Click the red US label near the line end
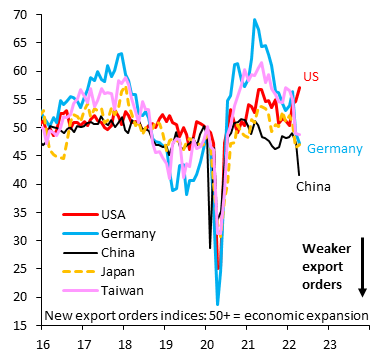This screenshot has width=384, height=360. pos(312,78)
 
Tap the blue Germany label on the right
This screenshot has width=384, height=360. pos(334,149)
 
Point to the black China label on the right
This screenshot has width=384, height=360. pos(312,186)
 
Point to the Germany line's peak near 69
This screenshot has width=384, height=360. pos(255,20)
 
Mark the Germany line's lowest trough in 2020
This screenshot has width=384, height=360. pos(218,303)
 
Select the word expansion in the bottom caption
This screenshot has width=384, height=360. pos(333,315)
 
